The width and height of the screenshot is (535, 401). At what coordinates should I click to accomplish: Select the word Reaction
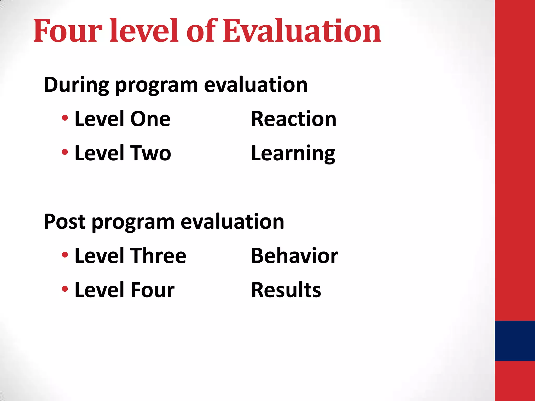tap(294, 119)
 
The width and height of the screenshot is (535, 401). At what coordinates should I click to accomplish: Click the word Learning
tap(293, 154)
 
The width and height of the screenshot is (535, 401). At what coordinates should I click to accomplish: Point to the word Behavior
tap(294, 256)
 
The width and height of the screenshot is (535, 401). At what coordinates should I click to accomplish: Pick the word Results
tap(286, 290)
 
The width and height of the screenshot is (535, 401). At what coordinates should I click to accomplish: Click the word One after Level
tap(150, 119)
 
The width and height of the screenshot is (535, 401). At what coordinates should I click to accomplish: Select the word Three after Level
tap(158, 256)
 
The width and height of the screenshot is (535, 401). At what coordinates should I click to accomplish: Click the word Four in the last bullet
tap(152, 290)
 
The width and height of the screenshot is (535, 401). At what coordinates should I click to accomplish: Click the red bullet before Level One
tap(65, 118)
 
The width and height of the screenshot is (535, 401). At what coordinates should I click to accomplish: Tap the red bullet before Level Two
tap(65, 152)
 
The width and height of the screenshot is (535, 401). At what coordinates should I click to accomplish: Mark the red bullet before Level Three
tap(65, 255)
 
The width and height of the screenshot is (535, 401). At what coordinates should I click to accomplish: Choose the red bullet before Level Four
tap(65, 289)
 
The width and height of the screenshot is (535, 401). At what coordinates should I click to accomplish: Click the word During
tap(76, 85)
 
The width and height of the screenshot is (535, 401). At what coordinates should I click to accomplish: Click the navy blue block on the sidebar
tap(515, 341)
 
